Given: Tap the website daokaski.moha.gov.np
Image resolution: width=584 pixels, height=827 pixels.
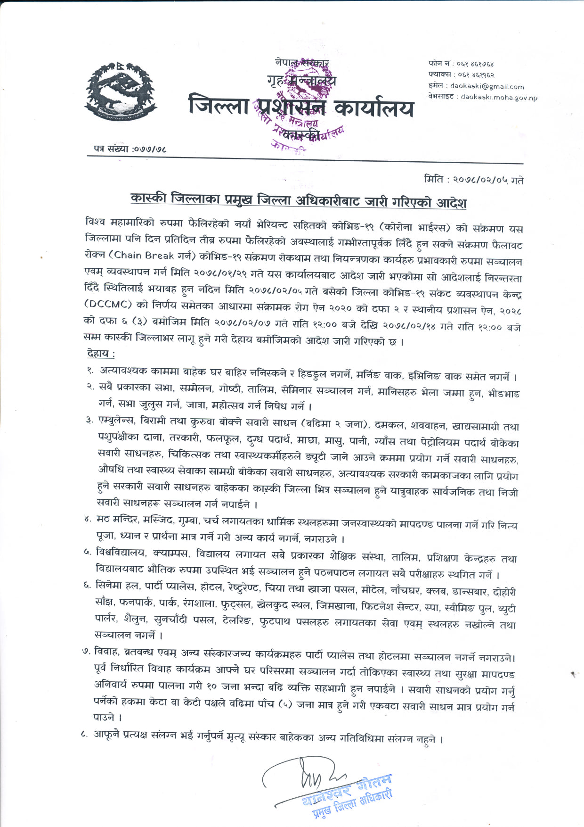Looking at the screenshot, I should coord(499,97).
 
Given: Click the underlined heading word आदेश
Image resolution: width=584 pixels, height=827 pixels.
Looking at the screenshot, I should coord(451,203).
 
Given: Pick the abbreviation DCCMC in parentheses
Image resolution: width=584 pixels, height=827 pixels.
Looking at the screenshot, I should coord(108,304).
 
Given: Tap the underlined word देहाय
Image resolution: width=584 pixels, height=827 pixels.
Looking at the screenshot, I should coord(100,353).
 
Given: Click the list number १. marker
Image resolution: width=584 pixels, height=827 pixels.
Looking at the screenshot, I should coord(90,371).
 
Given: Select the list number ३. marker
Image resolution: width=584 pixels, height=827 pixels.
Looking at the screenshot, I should coord(89,420).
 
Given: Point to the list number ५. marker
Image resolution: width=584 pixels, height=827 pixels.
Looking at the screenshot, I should coord(88,552).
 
